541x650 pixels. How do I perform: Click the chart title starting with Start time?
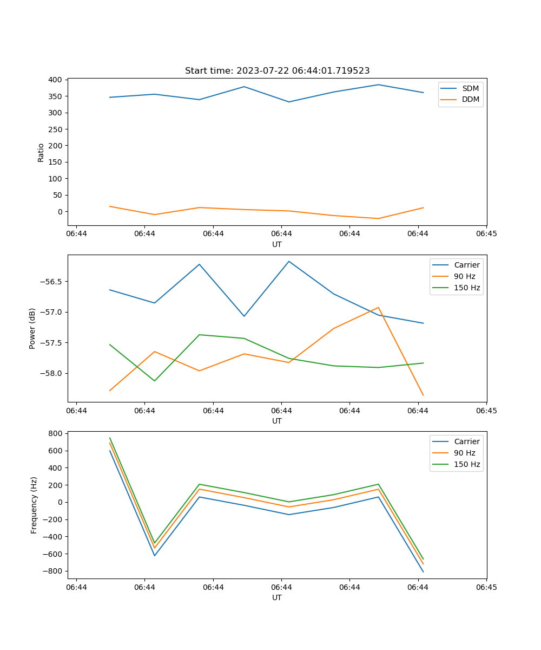point(277,71)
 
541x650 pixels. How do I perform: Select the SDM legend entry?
point(470,88)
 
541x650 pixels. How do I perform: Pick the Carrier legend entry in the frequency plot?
point(466,441)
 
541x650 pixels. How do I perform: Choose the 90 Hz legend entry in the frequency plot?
point(464,453)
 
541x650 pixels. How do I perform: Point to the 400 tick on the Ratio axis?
point(55,80)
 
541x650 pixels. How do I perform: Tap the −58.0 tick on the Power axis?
point(51,373)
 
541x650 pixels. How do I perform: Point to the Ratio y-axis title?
point(41,152)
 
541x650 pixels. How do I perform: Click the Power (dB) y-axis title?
point(32,328)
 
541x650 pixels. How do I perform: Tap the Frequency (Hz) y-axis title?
point(34,505)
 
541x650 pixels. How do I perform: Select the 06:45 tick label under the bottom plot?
point(486,587)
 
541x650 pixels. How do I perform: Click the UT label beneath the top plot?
point(277,244)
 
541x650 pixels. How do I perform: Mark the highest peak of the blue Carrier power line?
point(289,261)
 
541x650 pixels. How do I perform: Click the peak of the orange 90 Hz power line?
point(378,307)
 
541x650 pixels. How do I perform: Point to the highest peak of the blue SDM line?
point(378,84)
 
